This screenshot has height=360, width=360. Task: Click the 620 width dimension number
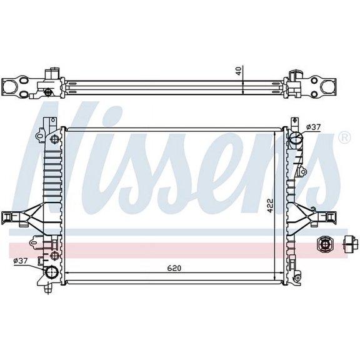pyautogui.click(x=174, y=268)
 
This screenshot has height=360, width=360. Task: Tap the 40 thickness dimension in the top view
pyautogui.click(x=238, y=71)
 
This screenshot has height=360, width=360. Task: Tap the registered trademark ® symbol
pyautogui.click(x=344, y=137)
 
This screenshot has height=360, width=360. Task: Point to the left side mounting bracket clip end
pyautogui.click(x=9, y=217)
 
